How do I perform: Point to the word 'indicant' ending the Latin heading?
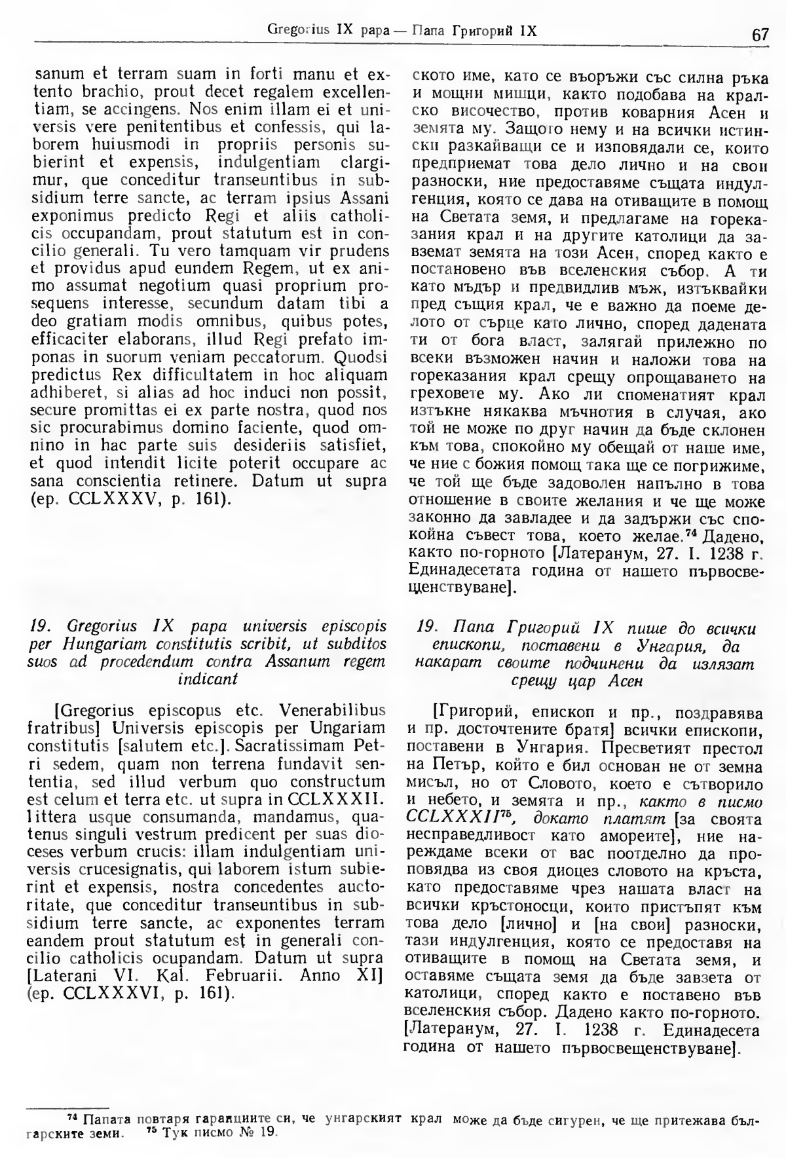(208, 679)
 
